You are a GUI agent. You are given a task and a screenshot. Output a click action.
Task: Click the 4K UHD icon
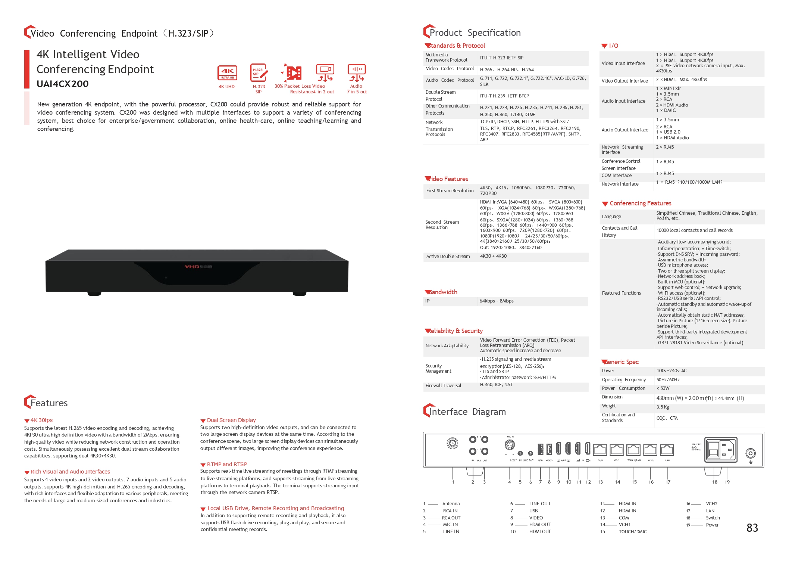point(227,73)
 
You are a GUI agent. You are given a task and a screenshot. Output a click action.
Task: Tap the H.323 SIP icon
point(259,73)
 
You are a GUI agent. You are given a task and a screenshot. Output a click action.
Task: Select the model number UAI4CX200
point(63,84)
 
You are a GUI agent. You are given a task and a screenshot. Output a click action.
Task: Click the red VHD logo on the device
point(192,267)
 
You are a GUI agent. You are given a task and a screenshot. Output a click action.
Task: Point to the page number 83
point(752,528)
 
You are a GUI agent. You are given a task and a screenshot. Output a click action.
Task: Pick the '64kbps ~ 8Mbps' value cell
point(497,301)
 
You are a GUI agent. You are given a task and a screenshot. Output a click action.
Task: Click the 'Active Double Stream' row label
point(448,257)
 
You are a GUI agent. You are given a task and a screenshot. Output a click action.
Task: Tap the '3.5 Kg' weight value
point(663,407)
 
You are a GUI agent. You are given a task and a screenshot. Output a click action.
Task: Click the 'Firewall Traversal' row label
point(444,386)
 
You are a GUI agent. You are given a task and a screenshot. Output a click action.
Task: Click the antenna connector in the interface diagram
point(453,443)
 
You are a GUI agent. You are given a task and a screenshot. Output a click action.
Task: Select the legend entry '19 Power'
point(703,525)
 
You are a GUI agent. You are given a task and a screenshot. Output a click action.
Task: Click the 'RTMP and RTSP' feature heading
point(227,464)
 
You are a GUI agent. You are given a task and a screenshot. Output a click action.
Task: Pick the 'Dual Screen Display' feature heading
point(231,420)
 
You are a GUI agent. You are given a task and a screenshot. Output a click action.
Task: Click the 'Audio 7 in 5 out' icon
point(357,73)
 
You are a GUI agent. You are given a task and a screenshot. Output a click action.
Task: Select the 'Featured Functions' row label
point(622,293)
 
